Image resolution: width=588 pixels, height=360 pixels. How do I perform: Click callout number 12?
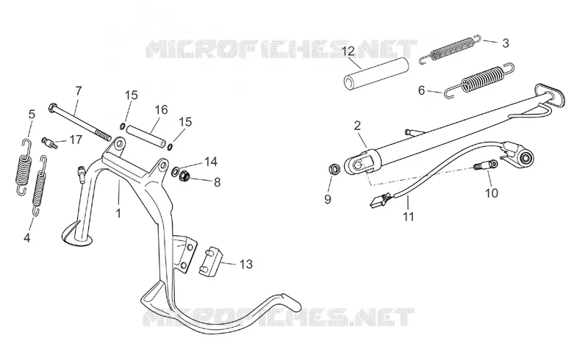(x=348, y=51)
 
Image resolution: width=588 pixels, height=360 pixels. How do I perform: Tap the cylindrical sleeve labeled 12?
(x=376, y=73)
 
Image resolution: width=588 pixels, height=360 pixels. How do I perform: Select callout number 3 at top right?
(x=506, y=43)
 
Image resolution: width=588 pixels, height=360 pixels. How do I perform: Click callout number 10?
(x=491, y=193)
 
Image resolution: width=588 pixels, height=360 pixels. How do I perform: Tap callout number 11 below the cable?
(x=409, y=217)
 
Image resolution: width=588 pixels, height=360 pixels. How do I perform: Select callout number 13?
(x=246, y=264)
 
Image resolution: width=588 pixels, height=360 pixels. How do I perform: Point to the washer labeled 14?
(x=175, y=172)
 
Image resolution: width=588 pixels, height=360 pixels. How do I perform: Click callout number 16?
(x=161, y=110)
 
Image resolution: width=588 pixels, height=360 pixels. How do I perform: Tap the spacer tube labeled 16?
(x=146, y=136)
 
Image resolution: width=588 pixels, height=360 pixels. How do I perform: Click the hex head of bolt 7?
(x=52, y=108)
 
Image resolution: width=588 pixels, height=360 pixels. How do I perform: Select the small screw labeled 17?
(x=49, y=142)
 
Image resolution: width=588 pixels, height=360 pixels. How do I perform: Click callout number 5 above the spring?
(x=32, y=114)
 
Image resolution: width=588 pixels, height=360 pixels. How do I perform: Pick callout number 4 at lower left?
(x=26, y=237)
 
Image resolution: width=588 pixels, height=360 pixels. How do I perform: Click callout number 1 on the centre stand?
(x=118, y=213)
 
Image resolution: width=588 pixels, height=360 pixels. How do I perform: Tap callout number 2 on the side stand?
(x=357, y=125)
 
